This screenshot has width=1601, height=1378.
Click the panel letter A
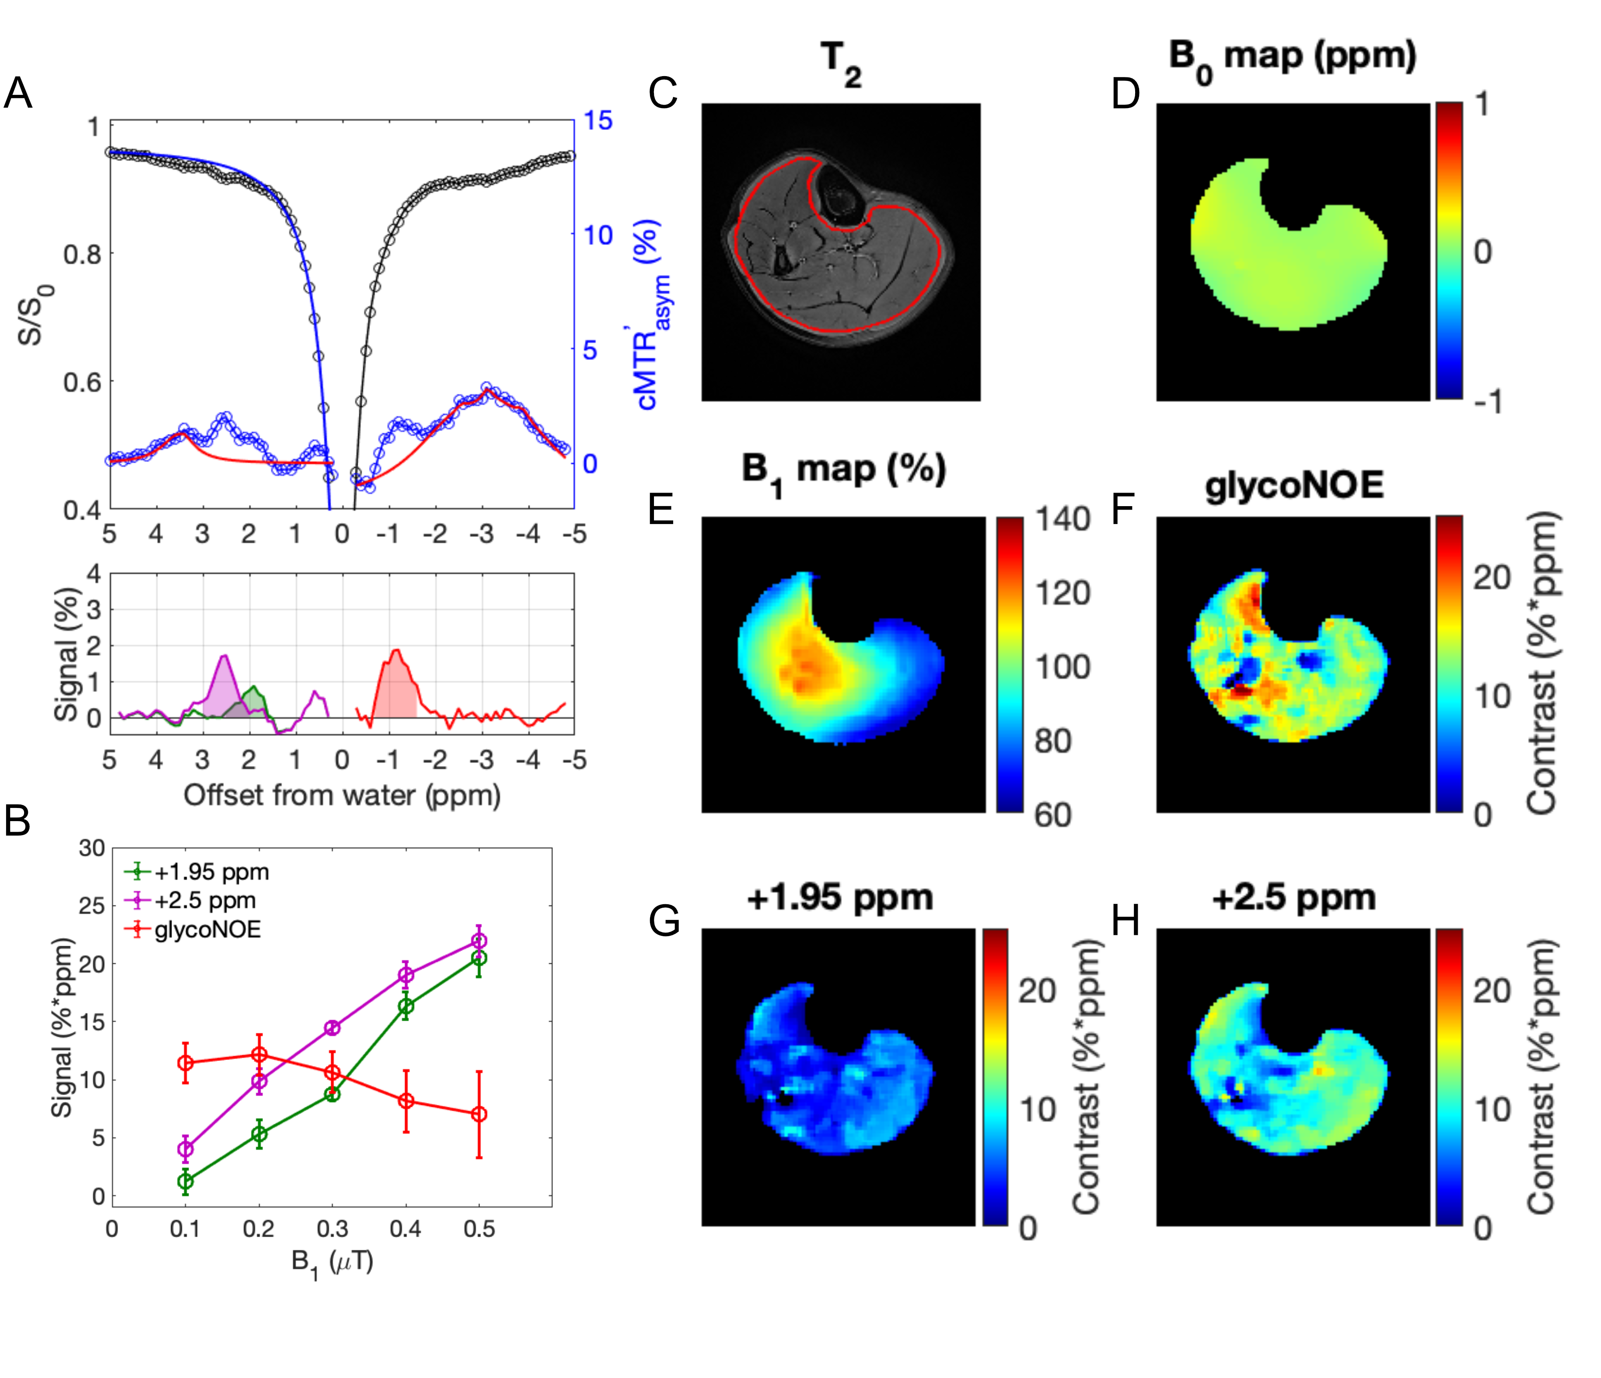(18, 94)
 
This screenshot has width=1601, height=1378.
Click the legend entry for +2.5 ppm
(205, 900)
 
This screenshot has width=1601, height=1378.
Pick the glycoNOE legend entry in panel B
(207, 929)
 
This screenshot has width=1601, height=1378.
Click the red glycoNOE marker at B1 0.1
(185, 1063)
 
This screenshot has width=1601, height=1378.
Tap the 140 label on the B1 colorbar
(1063, 519)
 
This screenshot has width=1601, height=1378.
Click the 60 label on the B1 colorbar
(1052, 815)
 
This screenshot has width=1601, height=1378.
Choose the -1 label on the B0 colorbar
(1487, 402)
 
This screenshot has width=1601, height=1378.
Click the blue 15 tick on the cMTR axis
(597, 121)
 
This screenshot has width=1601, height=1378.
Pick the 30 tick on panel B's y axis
(91, 849)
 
